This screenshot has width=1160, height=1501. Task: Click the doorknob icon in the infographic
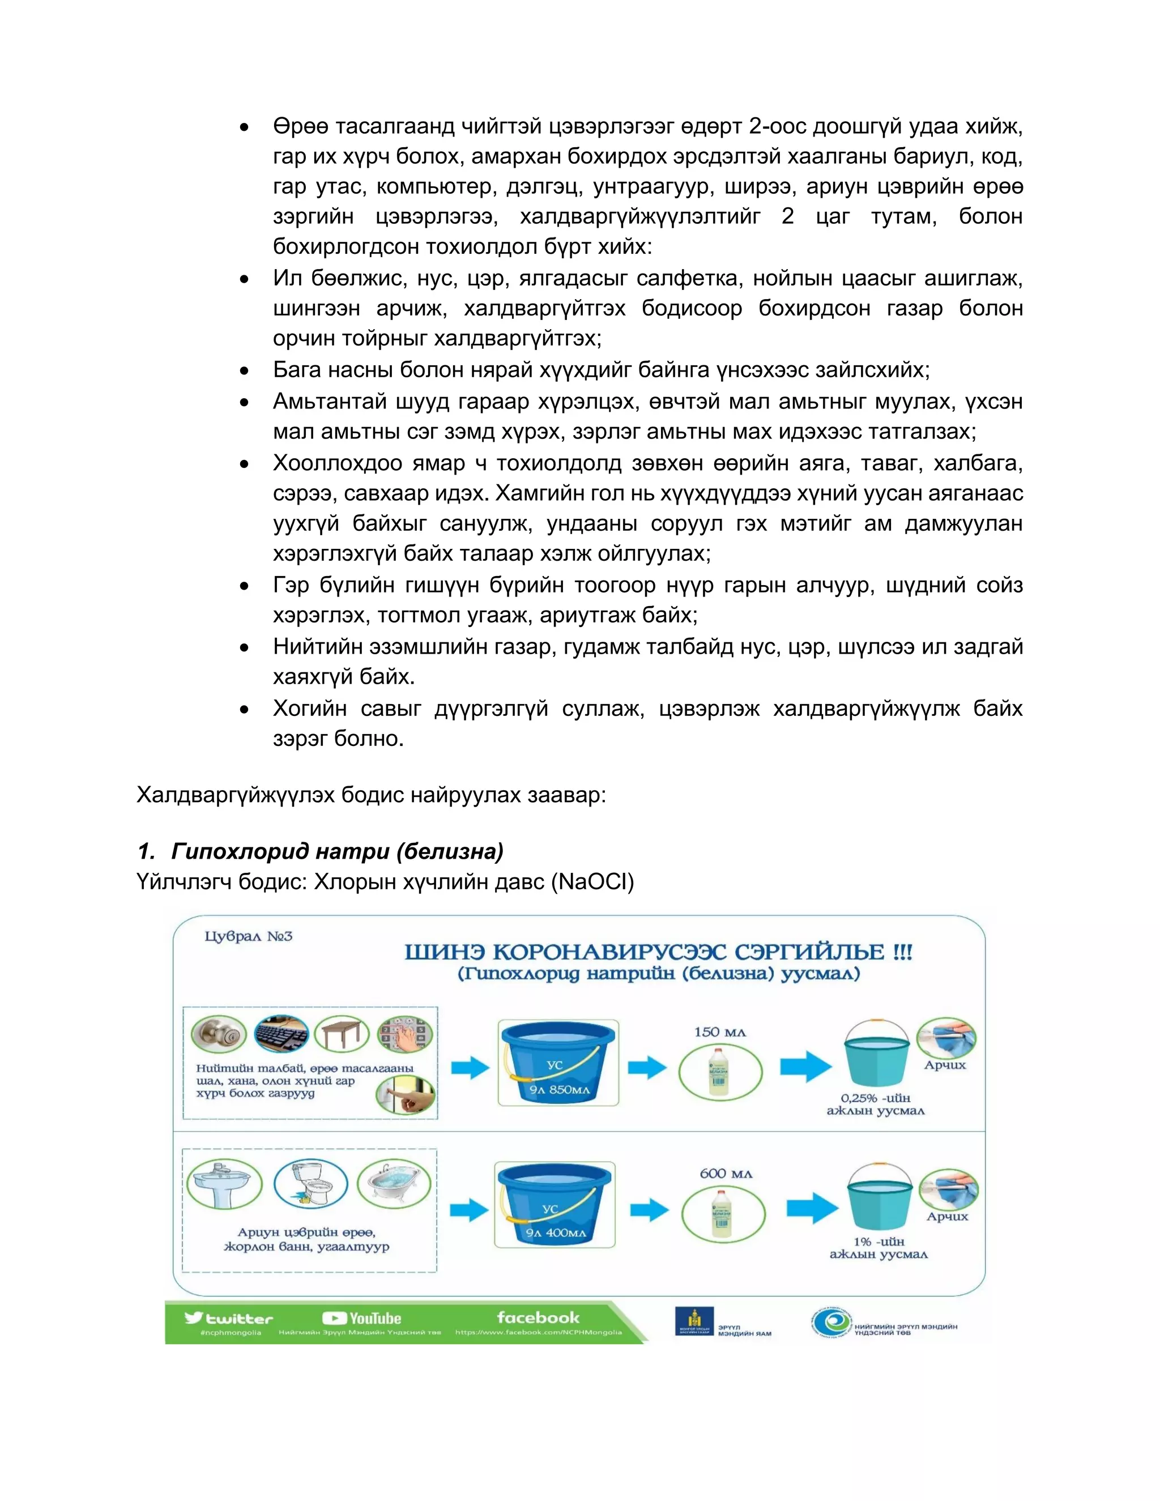click(x=219, y=1034)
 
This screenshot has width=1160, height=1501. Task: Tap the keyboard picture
click(x=281, y=1034)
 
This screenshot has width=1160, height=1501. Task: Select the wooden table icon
click(x=342, y=1034)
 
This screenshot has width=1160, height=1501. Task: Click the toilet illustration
click(x=310, y=1183)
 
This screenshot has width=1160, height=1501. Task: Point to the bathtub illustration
click(x=394, y=1183)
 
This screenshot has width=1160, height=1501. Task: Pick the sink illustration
click(x=224, y=1183)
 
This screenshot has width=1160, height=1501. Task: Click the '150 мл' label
click(x=719, y=1032)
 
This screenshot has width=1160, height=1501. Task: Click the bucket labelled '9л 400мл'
click(x=554, y=1205)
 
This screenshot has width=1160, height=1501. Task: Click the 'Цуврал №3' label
click(x=248, y=936)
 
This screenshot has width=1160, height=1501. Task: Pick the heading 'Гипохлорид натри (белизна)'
click(x=337, y=851)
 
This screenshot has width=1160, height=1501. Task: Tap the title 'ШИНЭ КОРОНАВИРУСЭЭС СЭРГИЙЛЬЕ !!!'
click(x=658, y=953)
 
